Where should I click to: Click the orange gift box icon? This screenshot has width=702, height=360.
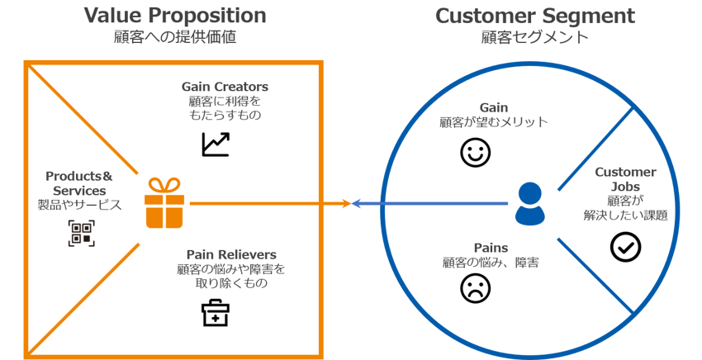tap(164, 203)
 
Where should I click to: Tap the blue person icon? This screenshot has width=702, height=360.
tap(529, 204)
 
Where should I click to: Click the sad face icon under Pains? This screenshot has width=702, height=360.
tap(475, 287)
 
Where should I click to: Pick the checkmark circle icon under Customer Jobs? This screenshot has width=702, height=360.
tap(625, 247)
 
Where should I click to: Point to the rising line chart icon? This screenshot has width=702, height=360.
tap(216, 144)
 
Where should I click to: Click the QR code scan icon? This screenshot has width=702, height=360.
tap(80, 233)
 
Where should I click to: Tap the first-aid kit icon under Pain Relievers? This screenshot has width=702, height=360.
tap(216, 313)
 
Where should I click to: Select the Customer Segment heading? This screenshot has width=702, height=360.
tap(535, 16)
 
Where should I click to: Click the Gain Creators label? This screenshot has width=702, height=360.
tap(225, 87)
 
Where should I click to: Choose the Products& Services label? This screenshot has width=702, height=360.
tap(79, 183)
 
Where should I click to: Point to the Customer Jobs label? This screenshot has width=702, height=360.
tap(626, 179)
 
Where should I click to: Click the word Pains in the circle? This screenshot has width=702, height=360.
tap(491, 248)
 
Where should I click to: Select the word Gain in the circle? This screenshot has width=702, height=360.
tap(493, 107)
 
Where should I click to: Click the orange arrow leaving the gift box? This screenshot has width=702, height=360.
tap(264, 203)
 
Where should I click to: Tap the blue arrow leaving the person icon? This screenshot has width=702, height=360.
tap(429, 204)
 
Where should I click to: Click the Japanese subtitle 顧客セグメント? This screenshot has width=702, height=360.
tap(535, 37)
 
